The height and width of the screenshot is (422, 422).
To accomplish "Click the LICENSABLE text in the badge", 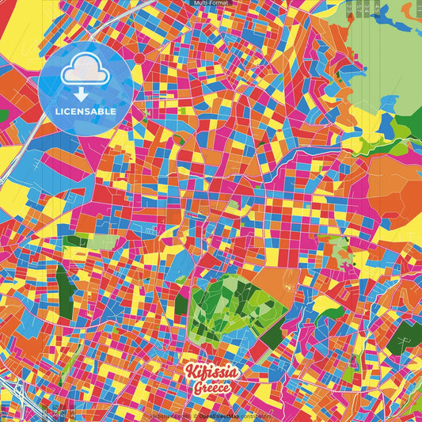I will click(86, 112).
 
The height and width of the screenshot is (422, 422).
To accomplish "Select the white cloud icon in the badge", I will click(85, 72).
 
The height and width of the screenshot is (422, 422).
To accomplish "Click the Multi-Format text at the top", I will click(211, 4).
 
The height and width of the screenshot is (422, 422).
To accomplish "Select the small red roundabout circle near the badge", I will click(140, 59).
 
